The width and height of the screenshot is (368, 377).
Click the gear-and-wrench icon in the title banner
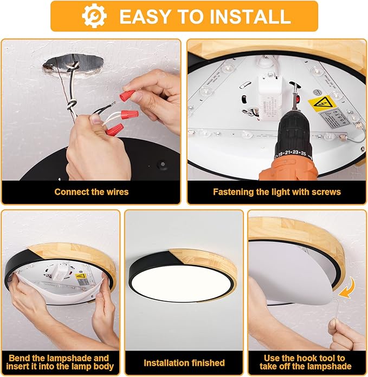94,16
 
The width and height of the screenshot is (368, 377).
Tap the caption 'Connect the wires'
92,191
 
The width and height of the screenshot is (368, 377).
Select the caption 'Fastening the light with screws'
276,191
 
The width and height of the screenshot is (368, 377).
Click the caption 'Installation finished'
184,362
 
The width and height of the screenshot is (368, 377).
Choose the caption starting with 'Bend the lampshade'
60,362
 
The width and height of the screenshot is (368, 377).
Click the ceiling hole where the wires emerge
73,69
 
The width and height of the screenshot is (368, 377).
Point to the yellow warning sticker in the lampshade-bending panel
81,279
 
